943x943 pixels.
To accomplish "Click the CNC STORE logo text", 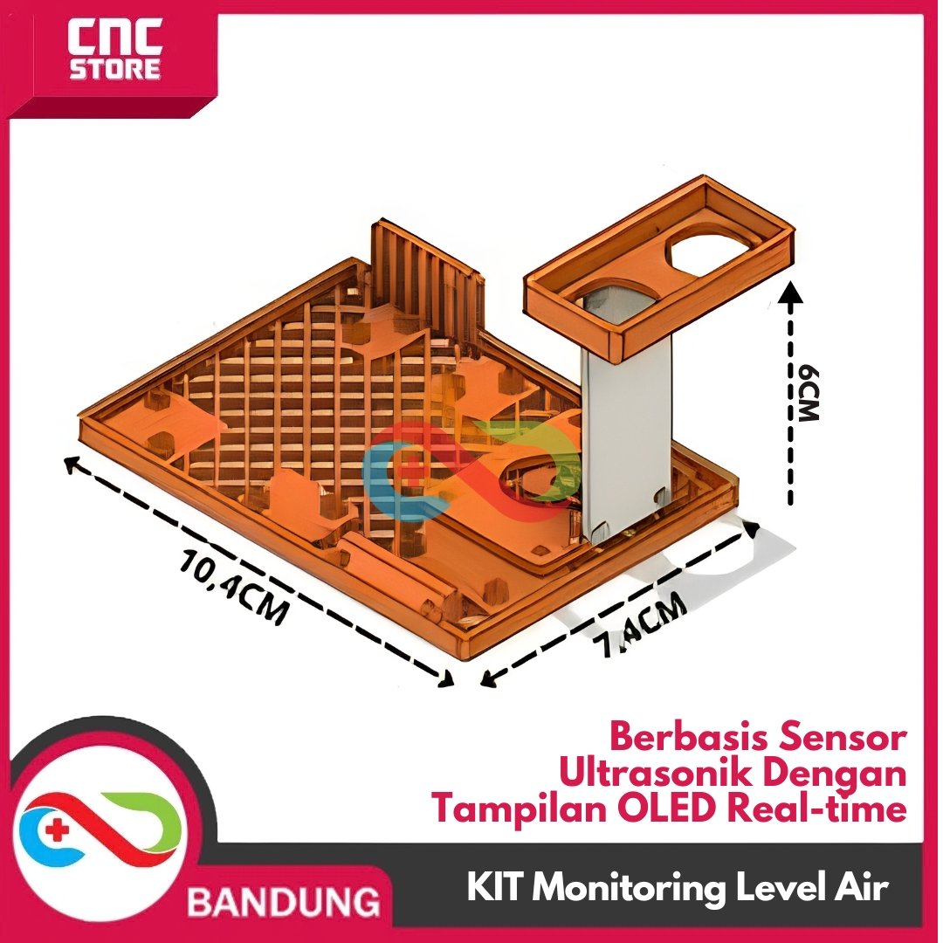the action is coord(115,49).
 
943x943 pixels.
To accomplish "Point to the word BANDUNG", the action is coord(284,902).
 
